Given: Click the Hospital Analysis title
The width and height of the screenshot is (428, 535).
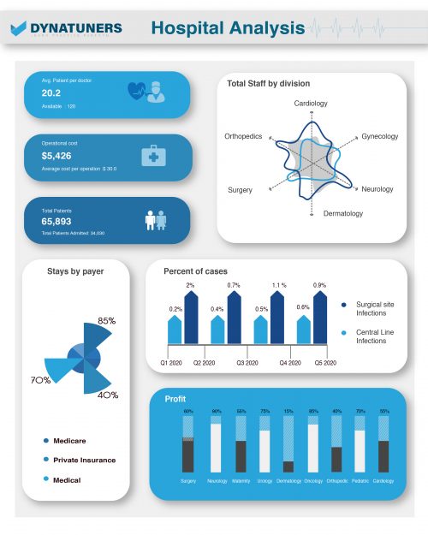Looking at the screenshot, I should [x=227, y=28].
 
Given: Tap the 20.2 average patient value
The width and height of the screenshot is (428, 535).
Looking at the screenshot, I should [x=51, y=92].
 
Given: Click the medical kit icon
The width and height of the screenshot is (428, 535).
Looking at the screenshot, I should [x=153, y=156].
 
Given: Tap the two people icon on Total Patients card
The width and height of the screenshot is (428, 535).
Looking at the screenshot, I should [x=155, y=220].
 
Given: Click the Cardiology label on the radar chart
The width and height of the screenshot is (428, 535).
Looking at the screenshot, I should [x=311, y=104].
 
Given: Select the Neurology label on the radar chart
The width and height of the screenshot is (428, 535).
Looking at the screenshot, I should [x=377, y=189].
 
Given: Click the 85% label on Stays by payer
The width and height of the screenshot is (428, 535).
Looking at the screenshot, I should [x=107, y=321].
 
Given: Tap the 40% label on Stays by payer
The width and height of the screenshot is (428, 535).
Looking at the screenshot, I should [x=108, y=395].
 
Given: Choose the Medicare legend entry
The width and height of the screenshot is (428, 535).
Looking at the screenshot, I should [x=70, y=440].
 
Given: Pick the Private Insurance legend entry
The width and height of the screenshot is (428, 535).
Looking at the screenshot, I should [x=84, y=460].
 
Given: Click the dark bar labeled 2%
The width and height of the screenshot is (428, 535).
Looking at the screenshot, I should [x=191, y=317].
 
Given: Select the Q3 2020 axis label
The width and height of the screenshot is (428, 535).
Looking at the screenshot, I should [x=247, y=363].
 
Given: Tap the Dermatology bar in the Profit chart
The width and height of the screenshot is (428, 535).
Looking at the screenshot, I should [x=288, y=467].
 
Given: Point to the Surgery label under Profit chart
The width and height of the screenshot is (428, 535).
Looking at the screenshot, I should [x=188, y=481].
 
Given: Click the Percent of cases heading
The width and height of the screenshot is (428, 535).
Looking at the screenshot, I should [x=195, y=271].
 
